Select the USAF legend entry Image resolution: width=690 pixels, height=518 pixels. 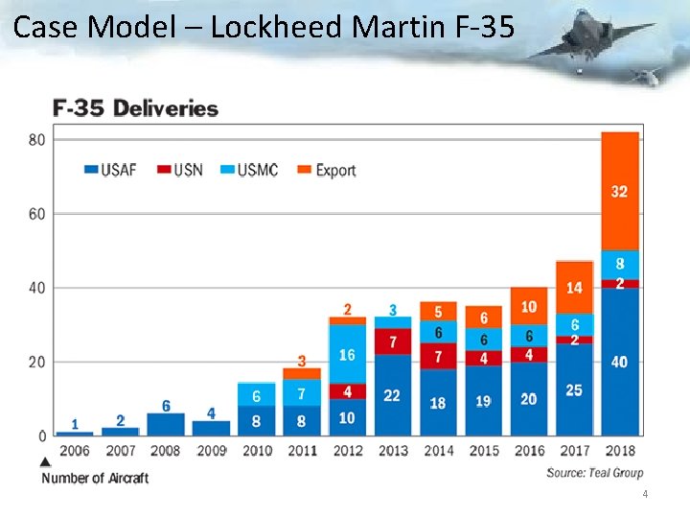tap(110, 170)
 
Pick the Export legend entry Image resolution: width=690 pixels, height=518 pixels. tap(325, 170)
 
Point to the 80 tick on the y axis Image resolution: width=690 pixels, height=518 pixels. tap(36, 139)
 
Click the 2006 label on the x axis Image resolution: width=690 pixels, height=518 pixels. tap(75, 451)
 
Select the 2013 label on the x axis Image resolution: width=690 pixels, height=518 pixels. tap(393, 451)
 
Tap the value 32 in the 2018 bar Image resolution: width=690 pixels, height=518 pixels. tap(620, 192)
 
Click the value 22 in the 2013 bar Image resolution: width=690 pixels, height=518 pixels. tap(392, 395)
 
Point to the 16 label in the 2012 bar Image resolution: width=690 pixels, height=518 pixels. tap(347, 355)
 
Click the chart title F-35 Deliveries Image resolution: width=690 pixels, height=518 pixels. tap(136, 108)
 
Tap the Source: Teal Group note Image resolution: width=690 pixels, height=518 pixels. tap(594, 472)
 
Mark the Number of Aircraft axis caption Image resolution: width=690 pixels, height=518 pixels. tap(95, 478)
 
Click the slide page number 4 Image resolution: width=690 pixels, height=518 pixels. tap(645, 495)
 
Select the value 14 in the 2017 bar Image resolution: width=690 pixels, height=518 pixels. tap(574, 288)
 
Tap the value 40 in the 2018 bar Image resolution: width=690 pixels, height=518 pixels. tap(620, 362)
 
